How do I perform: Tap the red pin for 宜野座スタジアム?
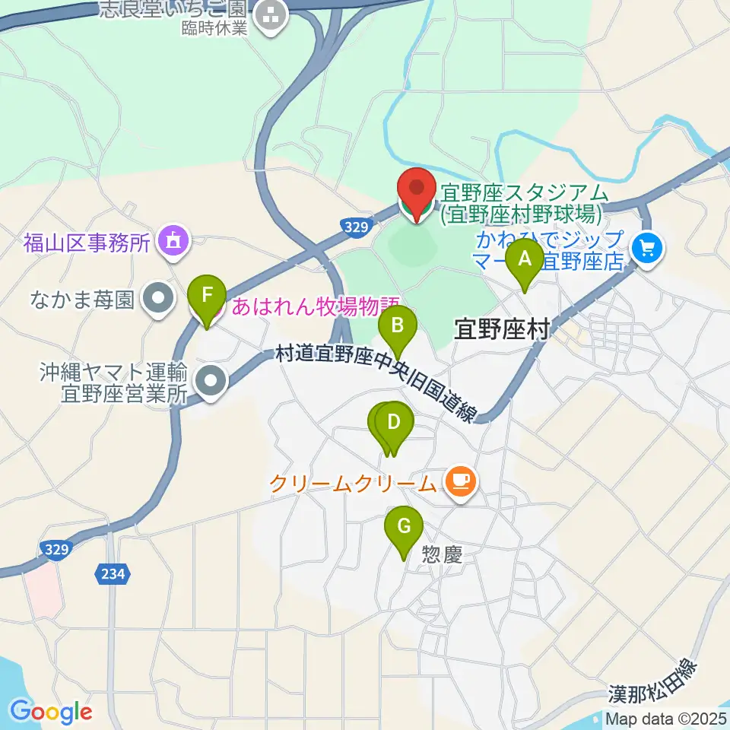[x=416, y=194]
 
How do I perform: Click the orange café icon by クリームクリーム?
[x=460, y=481]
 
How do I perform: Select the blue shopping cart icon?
[x=648, y=246]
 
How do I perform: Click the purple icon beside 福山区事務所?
[x=172, y=243]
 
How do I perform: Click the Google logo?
[x=51, y=712]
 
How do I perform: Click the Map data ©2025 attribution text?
[x=666, y=718]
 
